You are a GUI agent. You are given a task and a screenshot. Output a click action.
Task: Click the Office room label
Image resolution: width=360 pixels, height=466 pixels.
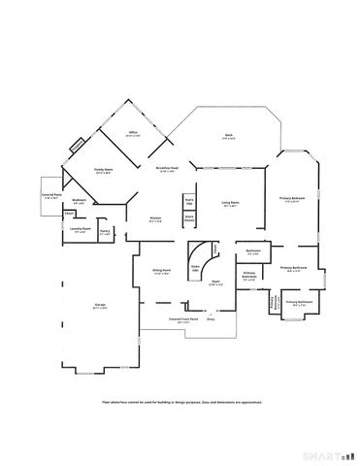click(133, 134)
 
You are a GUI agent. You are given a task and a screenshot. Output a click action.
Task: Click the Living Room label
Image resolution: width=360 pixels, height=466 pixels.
click(230, 203)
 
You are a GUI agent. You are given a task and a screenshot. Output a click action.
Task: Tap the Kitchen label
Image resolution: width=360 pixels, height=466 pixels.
click(155, 218)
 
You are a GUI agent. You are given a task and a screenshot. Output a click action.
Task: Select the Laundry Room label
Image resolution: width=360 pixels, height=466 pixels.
click(80, 230)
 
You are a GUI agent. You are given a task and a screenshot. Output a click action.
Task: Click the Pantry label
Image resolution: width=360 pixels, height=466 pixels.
click(105, 231)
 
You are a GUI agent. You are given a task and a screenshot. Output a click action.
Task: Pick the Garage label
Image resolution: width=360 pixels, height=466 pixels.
click(100, 307)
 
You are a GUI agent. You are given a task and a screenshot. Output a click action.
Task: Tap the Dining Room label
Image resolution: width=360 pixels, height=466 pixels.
click(161, 271)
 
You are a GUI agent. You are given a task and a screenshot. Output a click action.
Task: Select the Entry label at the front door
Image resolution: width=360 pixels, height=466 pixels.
click(210, 317)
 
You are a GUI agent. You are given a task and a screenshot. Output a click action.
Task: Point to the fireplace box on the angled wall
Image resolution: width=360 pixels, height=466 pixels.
click(77, 148)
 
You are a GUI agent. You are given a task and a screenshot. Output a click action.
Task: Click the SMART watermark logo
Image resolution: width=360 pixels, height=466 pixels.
click(325, 454)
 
